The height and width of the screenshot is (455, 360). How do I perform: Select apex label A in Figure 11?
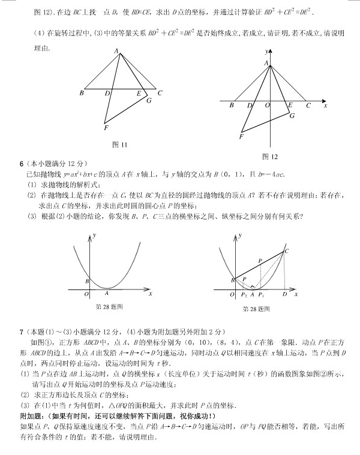pyautogui.click(x=116, y=51)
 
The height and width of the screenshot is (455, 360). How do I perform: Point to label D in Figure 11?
pyautogui.click(x=107, y=94)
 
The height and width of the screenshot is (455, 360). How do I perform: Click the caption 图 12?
pyautogui.click(x=271, y=156)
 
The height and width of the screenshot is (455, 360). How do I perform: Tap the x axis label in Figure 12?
pyautogui.click(x=325, y=106)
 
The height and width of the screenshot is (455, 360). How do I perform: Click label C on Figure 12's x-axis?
pyautogui.click(x=308, y=106)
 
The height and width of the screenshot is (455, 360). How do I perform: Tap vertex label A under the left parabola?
pyautogui.click(x=107, y=293)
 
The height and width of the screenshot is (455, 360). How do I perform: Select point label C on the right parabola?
pyautogui.click(x=286, y=251)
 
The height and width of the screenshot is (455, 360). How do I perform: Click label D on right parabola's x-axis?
pyautogui.click(x=284, y=294)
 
